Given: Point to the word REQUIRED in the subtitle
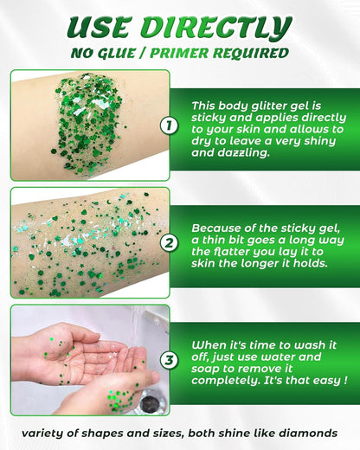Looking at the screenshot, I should coord(255,54).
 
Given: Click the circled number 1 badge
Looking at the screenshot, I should coord(169,125).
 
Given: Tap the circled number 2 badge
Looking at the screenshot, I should coord(169,243).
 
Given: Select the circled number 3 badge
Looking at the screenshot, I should coord(169,358).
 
